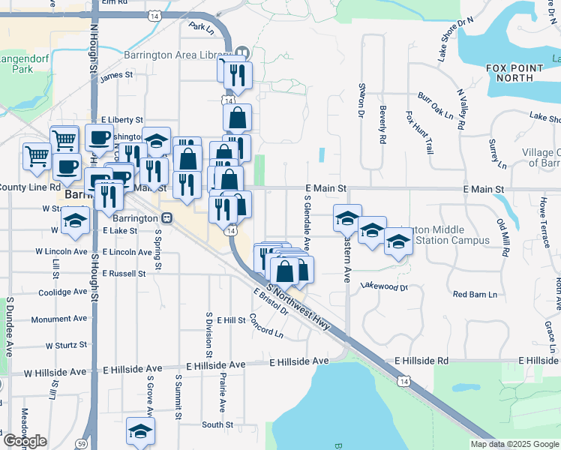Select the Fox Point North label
tap(514, 72)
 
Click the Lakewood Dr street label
tap(384, 286)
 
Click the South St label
tap(217, 424)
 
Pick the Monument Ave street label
tap(59, 319)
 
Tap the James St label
tap(115, 76)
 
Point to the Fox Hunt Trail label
tap(419, 133)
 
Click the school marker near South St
tap(140, 430)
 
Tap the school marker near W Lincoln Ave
tap(76, 219)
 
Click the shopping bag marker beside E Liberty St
tap(237, 117)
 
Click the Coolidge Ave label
tap(64, 292)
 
